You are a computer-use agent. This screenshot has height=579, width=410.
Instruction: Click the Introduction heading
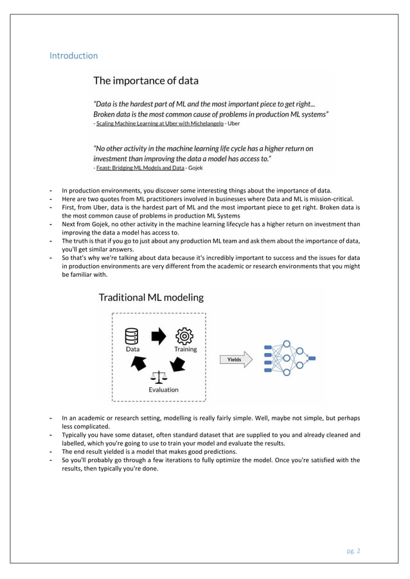[x=74, y=56]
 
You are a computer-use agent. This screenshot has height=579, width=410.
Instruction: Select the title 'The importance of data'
[x=146, y=81]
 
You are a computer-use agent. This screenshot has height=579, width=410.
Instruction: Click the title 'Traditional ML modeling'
[x=150, y=297]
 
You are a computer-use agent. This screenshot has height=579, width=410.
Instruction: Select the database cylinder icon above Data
[x=132, y=336]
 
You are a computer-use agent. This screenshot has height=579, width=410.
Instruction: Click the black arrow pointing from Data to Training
[x=159, y=335]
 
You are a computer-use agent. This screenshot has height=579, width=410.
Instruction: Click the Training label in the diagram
[x=185, y=350]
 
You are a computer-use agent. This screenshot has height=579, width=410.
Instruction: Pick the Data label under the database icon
[x=132, y=350]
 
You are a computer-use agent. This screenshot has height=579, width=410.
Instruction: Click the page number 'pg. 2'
[x=353, y=550]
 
